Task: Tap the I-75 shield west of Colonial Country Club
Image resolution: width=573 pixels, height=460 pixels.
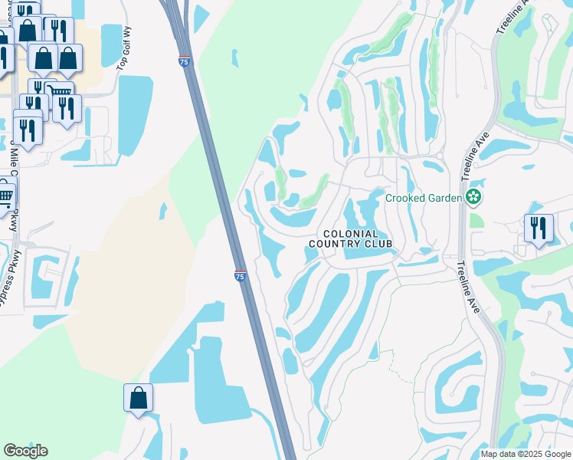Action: click(240, 276)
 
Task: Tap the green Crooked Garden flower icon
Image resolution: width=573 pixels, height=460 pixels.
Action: click(474, 197)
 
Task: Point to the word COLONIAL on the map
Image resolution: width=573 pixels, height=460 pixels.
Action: click(350, 233)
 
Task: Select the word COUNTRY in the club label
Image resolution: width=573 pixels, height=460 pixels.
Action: click(334, 244)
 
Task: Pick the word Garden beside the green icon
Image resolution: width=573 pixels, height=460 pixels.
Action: click(444, 198)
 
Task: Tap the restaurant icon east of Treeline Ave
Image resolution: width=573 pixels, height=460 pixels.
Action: click(539, 228)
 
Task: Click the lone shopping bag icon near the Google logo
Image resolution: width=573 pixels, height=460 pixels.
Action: click(138, 398)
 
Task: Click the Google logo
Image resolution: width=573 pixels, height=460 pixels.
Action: click(25, 451)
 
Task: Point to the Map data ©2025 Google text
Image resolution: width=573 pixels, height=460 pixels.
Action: click(526, 454)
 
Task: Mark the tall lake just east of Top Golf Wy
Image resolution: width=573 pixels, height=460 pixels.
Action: click(136, 113)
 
